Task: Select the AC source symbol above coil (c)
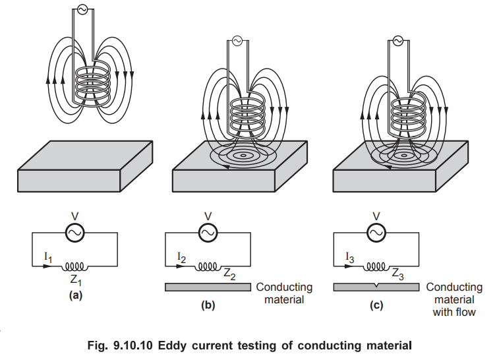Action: [397, 41]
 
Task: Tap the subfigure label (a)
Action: [74, 296]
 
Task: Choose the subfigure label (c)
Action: [376, 305]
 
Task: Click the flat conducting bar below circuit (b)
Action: [207, 286]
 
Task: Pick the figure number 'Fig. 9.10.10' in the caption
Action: [140, 344]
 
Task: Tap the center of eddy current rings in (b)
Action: [245, 157]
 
